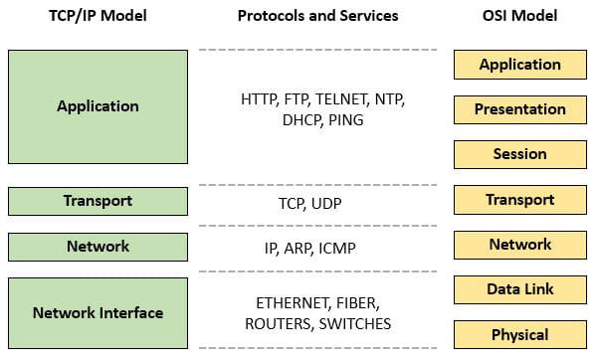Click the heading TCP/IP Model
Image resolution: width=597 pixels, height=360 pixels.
click(x=98, y=16)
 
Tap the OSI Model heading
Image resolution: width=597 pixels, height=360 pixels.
click(x=519, y=16)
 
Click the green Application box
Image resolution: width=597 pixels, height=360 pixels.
click(x=98, y=106)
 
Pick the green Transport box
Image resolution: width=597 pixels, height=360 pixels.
click(x=98, y=201)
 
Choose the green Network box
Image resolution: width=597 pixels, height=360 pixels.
click(x=98, y=247)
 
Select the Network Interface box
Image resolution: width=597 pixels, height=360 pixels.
click(x=98, y=312)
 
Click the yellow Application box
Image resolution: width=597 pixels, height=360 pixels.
click(x=519, y=65)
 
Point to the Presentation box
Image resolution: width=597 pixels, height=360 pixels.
click(x=519, y=109)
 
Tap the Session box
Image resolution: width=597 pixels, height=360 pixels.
click(x=519, y=154)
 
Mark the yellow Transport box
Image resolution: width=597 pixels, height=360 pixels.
click(x=519, y=200)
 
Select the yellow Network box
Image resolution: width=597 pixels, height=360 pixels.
click(x=519, y=245)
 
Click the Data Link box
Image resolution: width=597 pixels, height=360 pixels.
click(x=519, y=289)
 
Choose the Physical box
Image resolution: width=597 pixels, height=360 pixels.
click(x=519, y=334)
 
